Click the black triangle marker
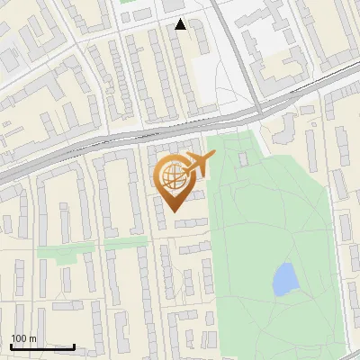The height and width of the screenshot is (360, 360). [x=181, y=24]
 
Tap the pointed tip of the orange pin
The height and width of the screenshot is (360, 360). [x=172, y=211]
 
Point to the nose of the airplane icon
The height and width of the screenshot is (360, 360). [x=213, y=157]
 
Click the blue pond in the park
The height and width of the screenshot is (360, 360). [x=285, y=279]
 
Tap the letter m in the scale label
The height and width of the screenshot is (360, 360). [x=32, y=339]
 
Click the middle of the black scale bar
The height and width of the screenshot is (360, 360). [x=42, y=346]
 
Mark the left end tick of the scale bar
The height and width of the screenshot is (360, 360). [x=11, y=346]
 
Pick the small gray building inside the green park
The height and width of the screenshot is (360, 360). [x=243, y=159]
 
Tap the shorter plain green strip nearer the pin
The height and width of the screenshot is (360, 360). [x=125, y=241]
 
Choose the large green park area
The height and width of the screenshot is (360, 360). [x=270, y=225]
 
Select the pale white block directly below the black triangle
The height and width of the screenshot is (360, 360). [x=208, y=85]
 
